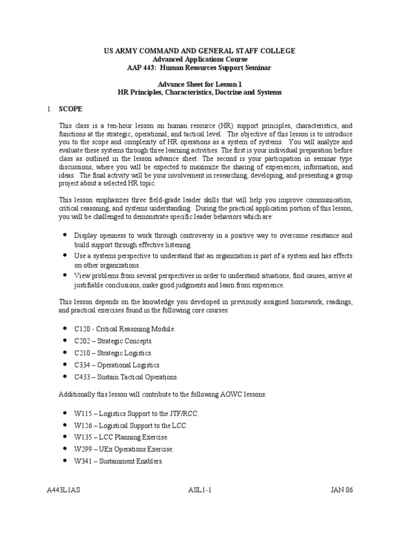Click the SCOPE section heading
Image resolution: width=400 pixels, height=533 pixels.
click(x=70, y=109)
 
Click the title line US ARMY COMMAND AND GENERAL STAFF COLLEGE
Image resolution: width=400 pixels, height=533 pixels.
click(x=200, y=50)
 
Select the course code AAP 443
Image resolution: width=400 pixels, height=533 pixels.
click(x=143, y=68)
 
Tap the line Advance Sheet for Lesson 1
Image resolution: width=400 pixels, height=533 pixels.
click(x=200, y=84)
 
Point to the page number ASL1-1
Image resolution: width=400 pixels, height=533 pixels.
click(x=200, y=490)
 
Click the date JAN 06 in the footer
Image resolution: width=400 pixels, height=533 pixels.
click(x=342, y=490)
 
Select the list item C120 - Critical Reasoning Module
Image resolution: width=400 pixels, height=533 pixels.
click(x=125, y=329)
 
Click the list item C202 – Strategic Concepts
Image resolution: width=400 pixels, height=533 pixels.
click(x=114, y=341)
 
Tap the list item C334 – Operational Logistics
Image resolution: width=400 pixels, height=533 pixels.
click(x=117, y=365)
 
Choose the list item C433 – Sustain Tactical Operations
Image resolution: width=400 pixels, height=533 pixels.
click(x=127, y=377)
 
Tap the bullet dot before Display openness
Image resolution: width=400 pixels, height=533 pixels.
click(x=64, y=235)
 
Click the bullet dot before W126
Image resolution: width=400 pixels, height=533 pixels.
click(x=64, y=425)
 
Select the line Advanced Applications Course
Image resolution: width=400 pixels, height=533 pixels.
click(x=200, y=59)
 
